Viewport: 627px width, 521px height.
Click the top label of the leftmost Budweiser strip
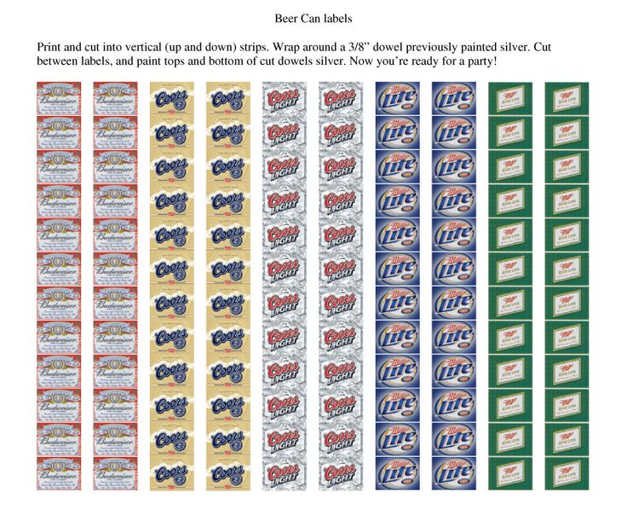[x=59, y=98]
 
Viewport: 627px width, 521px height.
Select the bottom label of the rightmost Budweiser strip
[x=115, y=473]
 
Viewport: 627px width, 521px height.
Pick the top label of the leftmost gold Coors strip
[x=171, y=98]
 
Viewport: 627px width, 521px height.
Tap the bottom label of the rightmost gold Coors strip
[x=227, y=473]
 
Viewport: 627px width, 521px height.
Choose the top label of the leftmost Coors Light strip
[x=285, y=98]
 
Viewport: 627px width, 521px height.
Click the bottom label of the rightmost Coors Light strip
[x=341, y=473]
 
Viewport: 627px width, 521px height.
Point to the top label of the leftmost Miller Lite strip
[x=397, y=98]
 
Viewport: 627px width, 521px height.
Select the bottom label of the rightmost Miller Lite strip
[x=453, y=473]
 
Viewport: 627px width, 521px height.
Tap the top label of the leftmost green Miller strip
[x=509, y=98]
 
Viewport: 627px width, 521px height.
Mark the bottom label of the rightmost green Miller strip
[x=567, y=473]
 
